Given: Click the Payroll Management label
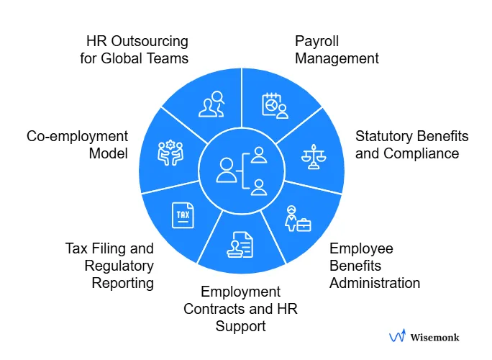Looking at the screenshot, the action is point(337,50).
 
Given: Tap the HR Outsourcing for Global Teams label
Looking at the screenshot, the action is point(134,50).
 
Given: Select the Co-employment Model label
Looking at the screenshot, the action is point(77,145).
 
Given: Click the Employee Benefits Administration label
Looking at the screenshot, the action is point(374,266).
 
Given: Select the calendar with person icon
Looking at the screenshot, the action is point(275,106).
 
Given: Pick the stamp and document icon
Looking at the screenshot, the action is point(240,244).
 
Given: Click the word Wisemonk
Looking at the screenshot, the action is point(434,336).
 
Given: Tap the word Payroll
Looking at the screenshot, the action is point(317,41).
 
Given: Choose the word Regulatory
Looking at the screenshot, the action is point(122,266).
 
